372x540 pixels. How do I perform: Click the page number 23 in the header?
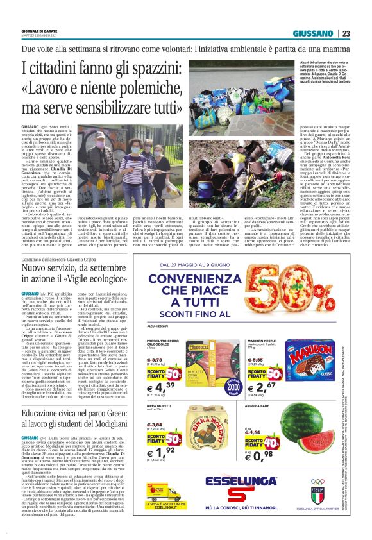pyautogui.click(x=346, y=33)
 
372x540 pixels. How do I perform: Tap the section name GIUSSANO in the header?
pyautogui.click(x=312, y=33)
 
